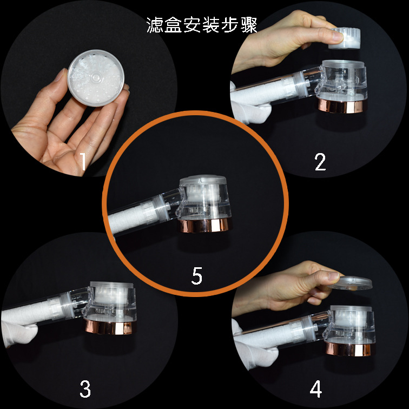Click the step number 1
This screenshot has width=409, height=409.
(x=83, y=161)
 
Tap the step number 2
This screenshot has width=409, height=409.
(x=320, y=162)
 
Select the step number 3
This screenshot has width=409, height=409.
(x=85, y=388)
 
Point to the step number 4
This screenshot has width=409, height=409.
(x=316, y=388)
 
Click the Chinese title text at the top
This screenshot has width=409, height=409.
(x=202, y=25)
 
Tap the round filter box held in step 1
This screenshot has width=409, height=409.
(x=96, y=78)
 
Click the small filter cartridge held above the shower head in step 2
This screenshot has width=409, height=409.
(x=344, y=38)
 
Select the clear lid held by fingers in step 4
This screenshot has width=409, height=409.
(x=351, y=283)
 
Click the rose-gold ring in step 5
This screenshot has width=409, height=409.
(x=205, y=225)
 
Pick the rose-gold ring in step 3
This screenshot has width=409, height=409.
(x=110, y=327)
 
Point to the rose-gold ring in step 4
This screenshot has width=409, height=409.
(x=349, y=348)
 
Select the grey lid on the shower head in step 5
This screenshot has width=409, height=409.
(x=203, y=180)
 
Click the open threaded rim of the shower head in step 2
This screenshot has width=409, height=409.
(x=342, y=64)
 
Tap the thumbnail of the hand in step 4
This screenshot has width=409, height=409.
(x=333, y=276)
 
